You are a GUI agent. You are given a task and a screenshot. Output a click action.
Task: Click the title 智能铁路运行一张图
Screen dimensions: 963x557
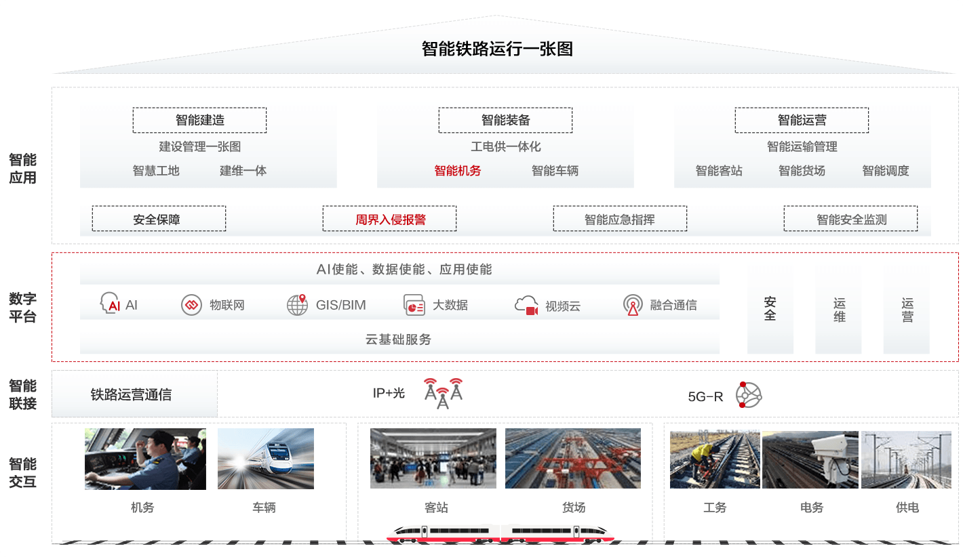pos(497,49)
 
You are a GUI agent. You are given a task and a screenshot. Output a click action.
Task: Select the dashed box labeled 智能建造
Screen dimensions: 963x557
pos(199,120)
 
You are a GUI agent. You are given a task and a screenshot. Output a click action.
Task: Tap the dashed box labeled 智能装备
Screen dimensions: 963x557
pos(505,120)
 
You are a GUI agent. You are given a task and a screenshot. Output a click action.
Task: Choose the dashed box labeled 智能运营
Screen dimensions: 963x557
pos(802,120)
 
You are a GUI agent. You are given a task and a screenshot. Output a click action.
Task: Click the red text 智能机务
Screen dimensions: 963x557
pos(457,171)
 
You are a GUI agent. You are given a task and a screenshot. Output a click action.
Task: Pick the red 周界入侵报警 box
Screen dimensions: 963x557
pos(389,219)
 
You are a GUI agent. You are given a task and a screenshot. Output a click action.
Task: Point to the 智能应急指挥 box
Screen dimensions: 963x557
pos(620,219)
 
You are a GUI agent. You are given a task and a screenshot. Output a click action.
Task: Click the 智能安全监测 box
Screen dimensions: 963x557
pos(851,219)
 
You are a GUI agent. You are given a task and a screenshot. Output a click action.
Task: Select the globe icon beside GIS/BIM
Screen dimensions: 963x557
pos(298,304)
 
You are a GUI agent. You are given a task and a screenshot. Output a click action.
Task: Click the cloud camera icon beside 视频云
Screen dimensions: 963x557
pos(527,305)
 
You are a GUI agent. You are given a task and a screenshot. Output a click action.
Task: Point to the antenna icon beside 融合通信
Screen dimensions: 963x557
pos(633,304)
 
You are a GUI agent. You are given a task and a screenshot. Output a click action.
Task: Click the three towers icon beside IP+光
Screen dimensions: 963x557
pos(444,394)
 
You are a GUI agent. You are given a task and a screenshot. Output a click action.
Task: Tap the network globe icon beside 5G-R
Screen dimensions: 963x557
pos(749,394)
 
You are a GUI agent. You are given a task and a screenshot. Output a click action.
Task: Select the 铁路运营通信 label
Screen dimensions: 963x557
pos(131,394)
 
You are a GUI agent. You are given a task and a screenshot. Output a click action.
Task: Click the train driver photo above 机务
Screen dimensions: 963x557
pos(145,459)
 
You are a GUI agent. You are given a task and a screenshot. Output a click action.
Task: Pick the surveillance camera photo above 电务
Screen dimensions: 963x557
pos(810,459)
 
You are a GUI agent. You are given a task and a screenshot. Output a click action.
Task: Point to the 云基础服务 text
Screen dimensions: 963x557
pos(398,339)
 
